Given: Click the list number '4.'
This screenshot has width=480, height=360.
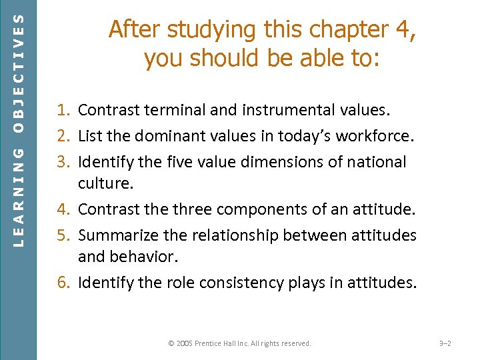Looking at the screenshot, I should coord(65,210).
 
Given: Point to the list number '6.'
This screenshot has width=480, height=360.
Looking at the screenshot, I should coord(65,283).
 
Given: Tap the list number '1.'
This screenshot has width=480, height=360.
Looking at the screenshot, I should coord(65,110).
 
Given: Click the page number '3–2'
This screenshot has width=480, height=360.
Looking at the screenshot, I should coord(445,343).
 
